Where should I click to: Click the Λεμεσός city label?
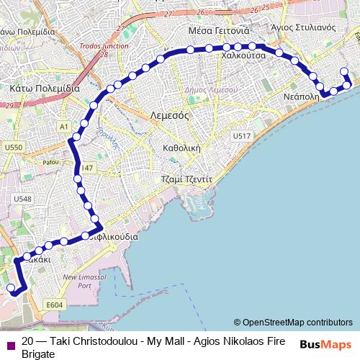coord(169,115)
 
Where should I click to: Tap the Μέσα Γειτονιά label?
coord(218,31)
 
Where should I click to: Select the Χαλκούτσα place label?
coord(243,55)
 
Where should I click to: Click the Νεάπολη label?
coord(302,96)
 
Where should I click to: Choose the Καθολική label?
coord(181,148)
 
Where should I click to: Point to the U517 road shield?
coord(241,136)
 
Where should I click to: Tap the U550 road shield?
coord(13,147)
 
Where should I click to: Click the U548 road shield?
coord(22,198)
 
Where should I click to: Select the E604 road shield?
coord(54,305)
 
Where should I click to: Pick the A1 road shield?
coord(63,127)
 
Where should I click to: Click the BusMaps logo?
coord(325,345)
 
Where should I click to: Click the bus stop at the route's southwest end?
coord(11,288)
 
